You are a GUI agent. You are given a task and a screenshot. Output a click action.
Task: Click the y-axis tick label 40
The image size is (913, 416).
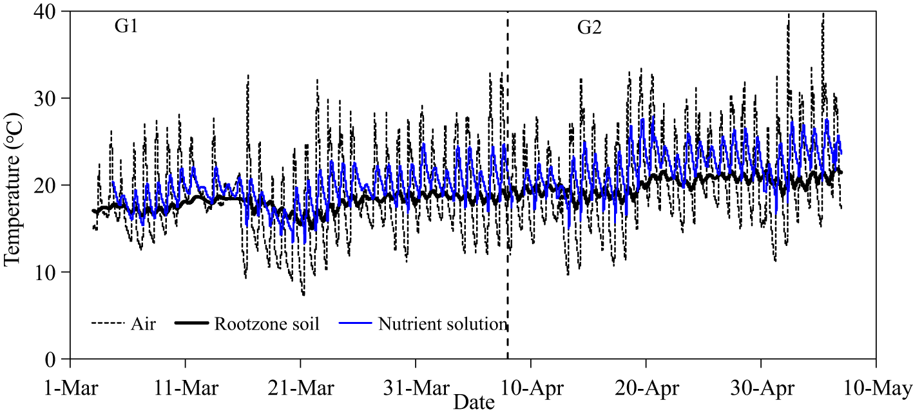point(50,12)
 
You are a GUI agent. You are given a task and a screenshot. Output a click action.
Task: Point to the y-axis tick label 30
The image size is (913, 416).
point(50,99)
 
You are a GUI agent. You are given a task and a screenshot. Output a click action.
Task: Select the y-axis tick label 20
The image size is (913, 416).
point(50,185)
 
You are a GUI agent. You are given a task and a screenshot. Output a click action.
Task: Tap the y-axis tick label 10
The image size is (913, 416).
point(50,272)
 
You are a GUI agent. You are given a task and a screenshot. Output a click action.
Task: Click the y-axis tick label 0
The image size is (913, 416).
point(55,359)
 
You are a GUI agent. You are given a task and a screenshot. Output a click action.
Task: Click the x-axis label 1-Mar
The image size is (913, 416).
point(70,389)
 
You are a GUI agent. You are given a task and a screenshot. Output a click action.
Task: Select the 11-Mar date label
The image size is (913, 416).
point(186,389)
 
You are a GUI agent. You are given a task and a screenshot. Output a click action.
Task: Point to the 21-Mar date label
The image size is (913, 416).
point(300,389)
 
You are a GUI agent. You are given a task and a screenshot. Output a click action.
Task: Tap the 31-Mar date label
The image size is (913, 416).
point(416,389)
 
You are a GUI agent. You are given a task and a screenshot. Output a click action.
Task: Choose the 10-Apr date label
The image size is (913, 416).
point(530,389)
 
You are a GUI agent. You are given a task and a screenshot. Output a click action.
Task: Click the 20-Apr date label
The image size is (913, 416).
point(646,389)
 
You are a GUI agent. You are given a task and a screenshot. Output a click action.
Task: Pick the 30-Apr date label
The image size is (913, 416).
point(761,389)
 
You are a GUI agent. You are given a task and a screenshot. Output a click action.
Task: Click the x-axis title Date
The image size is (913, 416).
point(474,403)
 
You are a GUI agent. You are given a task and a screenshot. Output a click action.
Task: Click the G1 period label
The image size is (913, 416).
point(126,28)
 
